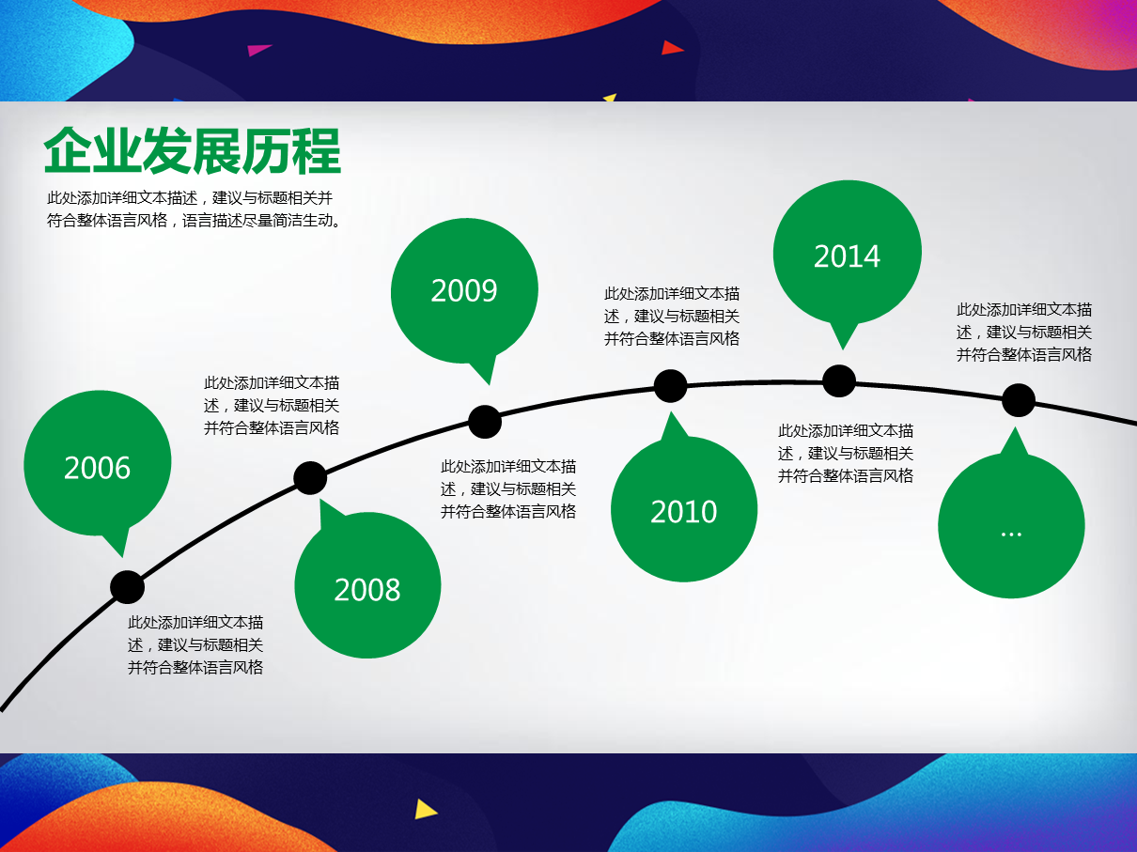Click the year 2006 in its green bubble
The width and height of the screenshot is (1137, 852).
point(97,468)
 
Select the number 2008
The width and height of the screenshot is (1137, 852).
point(367,590)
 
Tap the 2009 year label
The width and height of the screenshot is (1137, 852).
point(464,290)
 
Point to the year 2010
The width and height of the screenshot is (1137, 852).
point(684,512)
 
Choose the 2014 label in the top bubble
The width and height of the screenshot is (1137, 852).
point(847,256)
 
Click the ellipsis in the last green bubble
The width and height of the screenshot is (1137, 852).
point(1011,534)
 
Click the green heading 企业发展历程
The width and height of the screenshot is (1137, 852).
point(193,151)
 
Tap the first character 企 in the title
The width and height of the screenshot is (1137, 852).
point(68,151)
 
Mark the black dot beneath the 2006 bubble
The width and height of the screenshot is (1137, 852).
point(127,587)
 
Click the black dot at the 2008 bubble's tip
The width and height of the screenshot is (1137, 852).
point(310,478)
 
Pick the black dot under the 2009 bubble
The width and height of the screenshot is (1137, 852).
point(485,422)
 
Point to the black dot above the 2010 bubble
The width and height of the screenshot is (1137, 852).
point(670,386)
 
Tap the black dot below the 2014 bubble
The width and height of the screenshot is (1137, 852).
point(839,381)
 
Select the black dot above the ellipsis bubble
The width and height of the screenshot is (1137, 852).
point(1019,400)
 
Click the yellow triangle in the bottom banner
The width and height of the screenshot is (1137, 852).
point(425,810)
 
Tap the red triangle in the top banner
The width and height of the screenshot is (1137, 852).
point(672,48)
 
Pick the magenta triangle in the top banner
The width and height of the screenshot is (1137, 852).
point(258,50)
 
